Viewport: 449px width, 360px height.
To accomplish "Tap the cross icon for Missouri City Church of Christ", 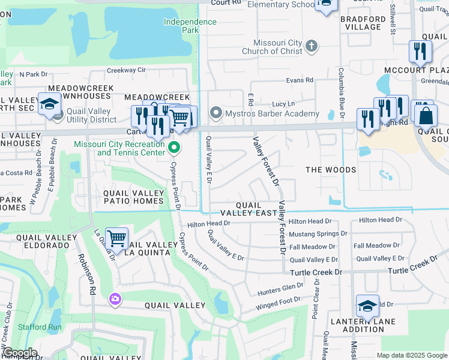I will coord(311,46).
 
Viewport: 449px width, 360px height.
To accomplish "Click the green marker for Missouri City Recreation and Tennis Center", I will coord(174,147).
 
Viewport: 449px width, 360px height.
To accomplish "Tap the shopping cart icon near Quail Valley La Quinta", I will coord(116,238).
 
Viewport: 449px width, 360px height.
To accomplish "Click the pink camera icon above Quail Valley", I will coord(115,298).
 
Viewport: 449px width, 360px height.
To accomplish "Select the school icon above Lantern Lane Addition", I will coord(367,306).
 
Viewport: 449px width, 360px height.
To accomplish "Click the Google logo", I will coord(19,353).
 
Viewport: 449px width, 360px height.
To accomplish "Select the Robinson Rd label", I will coord(86,274).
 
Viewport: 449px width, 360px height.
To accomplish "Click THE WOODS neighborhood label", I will coord(331,170).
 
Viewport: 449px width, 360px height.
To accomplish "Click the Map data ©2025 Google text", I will coord(412,355).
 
